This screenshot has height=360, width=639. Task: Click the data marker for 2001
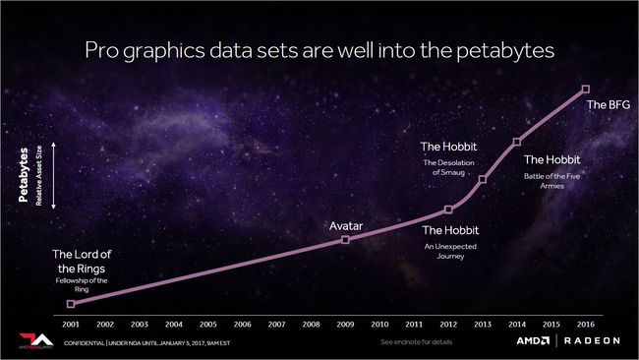[x=70, y=304]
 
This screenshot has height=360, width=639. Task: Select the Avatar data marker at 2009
[x=345, y=239]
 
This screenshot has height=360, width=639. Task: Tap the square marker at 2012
[x=448, y=210]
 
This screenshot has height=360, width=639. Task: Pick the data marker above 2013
[x=483, y=179]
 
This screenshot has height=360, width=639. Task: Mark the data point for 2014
[x=517, y=142]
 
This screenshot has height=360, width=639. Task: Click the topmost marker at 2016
[x=586, y=90]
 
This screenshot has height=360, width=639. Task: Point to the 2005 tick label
[x=207, y=323]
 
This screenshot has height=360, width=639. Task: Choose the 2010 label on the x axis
[x=379, y=323]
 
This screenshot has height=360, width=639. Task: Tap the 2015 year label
[x=552, y=323]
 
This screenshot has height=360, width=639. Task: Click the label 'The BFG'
[x=604, y=104]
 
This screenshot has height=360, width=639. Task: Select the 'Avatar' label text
[x=346, y=226]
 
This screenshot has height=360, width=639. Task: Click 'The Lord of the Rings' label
[x=79, y=262]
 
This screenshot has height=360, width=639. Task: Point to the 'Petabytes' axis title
[x=23, y=175]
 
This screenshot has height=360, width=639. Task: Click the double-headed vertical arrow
[x=54, y=175]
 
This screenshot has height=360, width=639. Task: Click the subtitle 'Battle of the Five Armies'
[x=552, y=180]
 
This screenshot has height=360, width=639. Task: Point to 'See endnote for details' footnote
[x=417, y=342]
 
